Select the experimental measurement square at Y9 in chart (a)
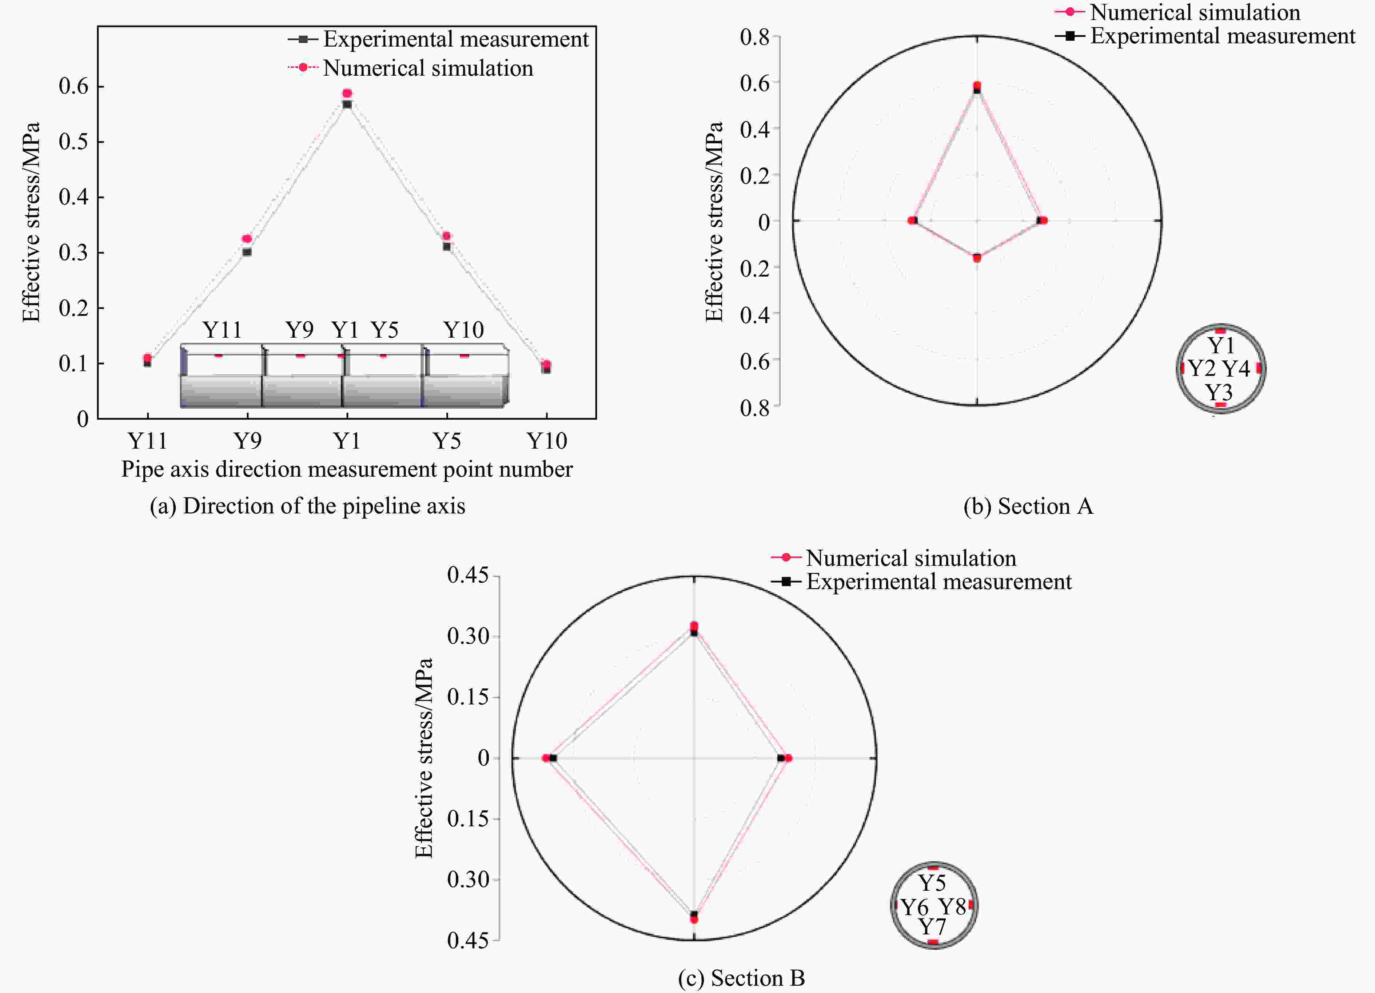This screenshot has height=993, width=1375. (x=247, y=252)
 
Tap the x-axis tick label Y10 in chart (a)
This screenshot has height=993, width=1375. (x=546, y=441)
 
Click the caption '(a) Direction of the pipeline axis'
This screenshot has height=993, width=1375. (x=307, y=506)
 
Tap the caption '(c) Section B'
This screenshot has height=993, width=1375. (x=741, y=978)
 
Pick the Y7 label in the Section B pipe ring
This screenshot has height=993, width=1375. (x=932, y=927)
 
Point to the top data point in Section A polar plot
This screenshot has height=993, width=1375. (x=977, y=86)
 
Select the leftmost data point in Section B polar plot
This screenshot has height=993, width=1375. (x=546, y=758)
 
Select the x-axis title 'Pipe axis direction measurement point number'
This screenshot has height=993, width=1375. (x=347, y=469)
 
